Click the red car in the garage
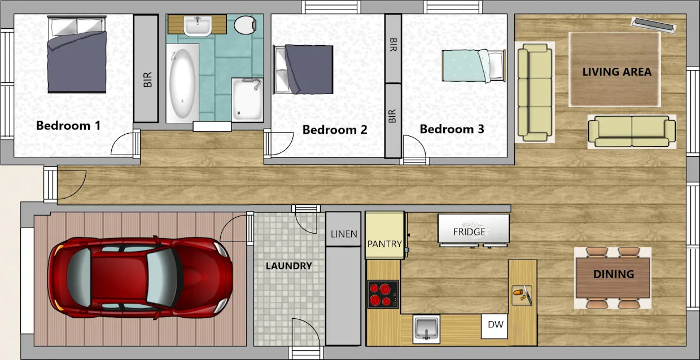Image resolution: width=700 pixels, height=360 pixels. [140, 278]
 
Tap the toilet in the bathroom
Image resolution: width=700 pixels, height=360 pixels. [246, 25]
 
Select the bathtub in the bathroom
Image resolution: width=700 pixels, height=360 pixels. [182, 83]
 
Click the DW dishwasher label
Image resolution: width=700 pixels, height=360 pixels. [496, 324]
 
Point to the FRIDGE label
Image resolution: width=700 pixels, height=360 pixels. [469, 232]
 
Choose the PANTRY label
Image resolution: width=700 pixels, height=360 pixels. [384, 244]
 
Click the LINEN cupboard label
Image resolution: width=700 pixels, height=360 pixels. [344, 234]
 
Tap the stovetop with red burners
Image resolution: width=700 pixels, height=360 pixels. [383, 295]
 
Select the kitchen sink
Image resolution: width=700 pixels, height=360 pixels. [426, 329]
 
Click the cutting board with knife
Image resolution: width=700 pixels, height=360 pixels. [522, 295]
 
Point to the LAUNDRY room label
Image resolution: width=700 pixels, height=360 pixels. [289, 266]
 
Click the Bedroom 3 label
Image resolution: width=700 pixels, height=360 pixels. [452, 129]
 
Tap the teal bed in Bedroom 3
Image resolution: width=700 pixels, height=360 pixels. [474, 66]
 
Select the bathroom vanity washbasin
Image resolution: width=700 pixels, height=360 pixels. [198, 25]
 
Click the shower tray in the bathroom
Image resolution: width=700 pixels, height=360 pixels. [247, 100]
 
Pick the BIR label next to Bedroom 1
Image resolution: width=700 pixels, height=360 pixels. [147, 80]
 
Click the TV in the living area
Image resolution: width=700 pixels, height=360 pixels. [654, 25]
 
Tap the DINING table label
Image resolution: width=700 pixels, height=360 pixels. [614, 274]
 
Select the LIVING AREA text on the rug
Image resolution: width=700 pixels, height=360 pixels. [617, 72]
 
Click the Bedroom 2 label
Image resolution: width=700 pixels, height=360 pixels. [335, 130]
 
